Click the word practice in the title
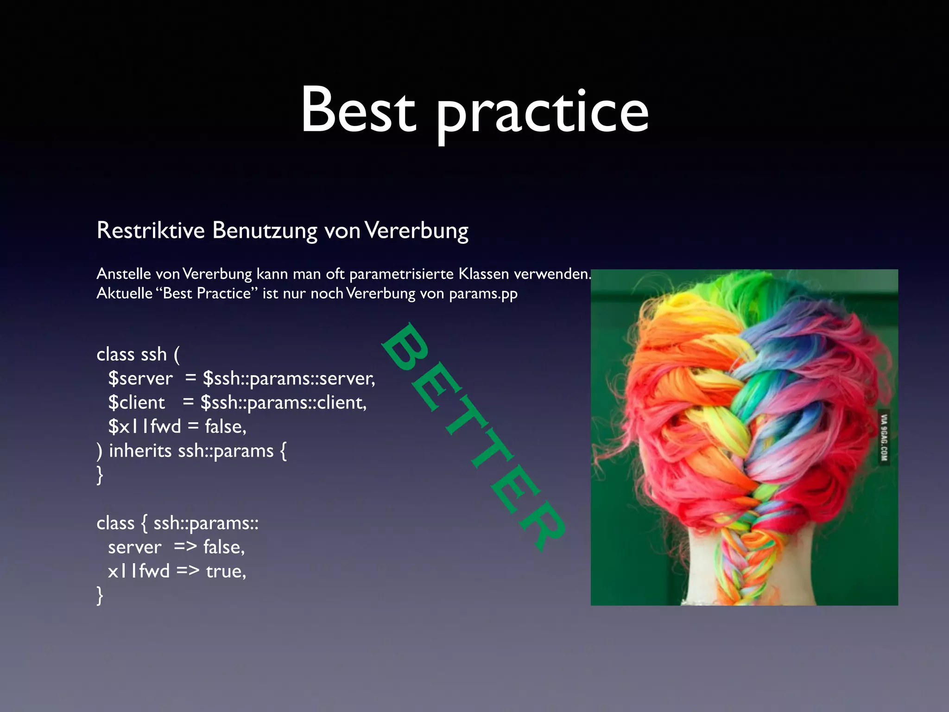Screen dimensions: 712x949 coord(542,114)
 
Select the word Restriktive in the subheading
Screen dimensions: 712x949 coord(151,230)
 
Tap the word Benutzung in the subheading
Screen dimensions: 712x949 coord(265,230)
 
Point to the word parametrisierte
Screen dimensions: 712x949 coord(401,274)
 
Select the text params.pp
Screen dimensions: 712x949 coord(483,294)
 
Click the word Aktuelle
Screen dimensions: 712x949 coord(124,293)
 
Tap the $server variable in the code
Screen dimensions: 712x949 coord(140,379)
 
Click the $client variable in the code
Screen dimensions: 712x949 coord(136,403)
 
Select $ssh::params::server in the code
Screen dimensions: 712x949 coord(288,379)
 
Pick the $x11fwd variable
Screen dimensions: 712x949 coord(144,427)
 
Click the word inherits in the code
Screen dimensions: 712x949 coord(140,451)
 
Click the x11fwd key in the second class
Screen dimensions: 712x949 coord(139,571)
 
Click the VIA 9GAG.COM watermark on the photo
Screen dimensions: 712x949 coord(884,438)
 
